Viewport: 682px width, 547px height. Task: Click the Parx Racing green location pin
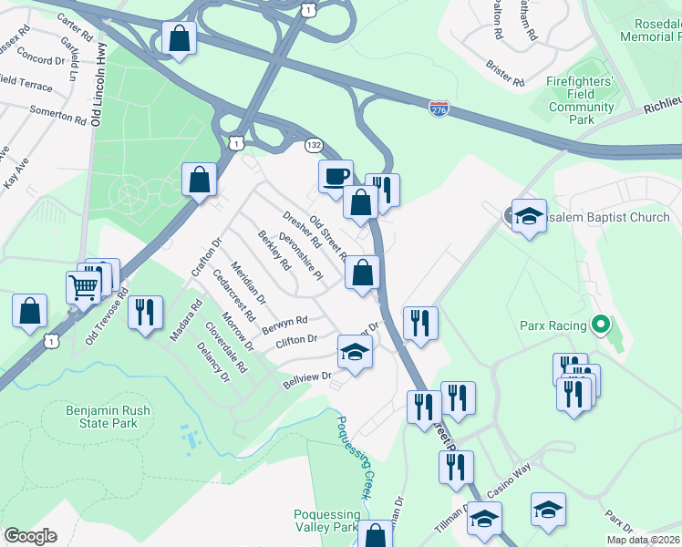click(600, 324)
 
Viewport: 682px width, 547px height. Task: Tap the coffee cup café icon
click(336, 175)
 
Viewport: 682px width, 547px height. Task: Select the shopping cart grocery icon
click(83, 287)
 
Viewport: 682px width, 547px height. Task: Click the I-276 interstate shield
click(439, 108)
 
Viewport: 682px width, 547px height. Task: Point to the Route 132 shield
click(314, 145)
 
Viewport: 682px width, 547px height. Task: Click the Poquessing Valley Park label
click(326, 521)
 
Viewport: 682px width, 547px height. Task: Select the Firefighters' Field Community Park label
click(581, 100)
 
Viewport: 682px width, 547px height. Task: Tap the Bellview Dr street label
click(305, 378)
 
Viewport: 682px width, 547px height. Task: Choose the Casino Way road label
click(508, 480)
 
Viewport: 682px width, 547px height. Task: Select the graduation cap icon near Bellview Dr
click(355, 351)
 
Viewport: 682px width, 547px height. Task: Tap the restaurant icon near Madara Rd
click(145, 312)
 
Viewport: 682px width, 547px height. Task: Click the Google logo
click(30, 536)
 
